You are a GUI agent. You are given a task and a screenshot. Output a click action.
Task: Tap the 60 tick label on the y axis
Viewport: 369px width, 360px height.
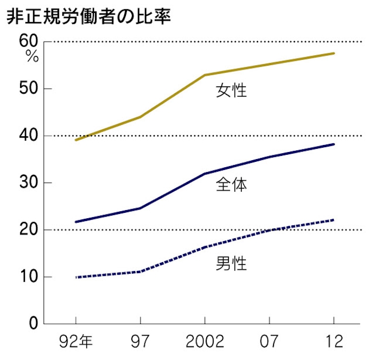27,41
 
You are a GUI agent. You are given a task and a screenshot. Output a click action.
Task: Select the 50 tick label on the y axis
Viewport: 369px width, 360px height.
27,89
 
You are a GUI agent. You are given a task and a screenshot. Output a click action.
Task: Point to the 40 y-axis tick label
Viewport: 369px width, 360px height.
27,136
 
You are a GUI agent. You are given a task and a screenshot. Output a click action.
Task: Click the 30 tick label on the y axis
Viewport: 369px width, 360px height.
27,183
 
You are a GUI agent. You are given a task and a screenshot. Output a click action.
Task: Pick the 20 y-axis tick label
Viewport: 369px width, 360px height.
27,230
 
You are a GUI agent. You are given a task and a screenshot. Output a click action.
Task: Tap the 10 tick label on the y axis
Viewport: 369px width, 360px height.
27,277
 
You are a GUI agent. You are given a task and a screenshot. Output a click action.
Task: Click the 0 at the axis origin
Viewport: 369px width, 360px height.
33,324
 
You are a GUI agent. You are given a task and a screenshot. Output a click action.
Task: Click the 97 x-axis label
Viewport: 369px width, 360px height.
140,342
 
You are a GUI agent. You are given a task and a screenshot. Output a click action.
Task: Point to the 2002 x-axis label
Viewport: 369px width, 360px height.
205,342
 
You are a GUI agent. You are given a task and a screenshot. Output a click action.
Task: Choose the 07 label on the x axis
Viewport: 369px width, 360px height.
270,342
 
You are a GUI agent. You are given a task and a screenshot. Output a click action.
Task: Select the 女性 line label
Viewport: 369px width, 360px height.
231,90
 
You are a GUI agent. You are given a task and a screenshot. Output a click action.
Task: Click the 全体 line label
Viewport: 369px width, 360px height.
231,185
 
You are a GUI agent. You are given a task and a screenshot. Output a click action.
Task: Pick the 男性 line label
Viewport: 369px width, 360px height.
231,264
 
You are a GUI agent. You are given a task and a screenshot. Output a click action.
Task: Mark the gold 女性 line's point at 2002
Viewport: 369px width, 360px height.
205,75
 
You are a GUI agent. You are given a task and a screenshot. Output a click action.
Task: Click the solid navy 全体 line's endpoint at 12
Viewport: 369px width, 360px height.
334,144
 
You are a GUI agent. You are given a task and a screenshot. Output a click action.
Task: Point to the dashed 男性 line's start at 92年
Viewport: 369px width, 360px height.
76,277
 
